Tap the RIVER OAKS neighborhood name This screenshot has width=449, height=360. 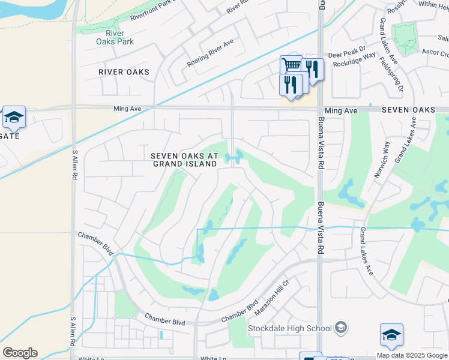coord(124,72)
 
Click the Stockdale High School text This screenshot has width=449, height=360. coord(290,328)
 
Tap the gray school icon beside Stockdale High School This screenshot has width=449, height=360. coord(341,327)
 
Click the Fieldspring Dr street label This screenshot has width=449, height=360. coord(399,77)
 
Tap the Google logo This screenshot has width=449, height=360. coord(20,353)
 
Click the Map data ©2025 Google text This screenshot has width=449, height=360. coord(412,355)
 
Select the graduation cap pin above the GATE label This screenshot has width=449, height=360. coord(13,116)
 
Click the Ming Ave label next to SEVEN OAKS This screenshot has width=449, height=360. coord(340,110)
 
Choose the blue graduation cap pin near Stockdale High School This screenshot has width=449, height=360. coord(391,335)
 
